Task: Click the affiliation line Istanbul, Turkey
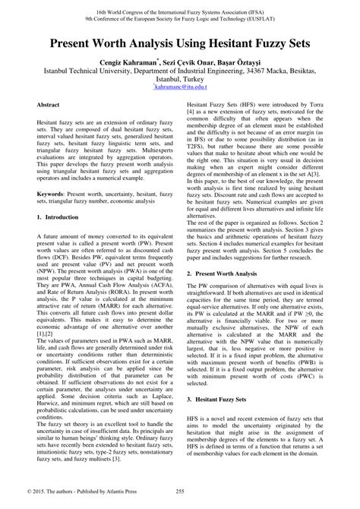[180, 79]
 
